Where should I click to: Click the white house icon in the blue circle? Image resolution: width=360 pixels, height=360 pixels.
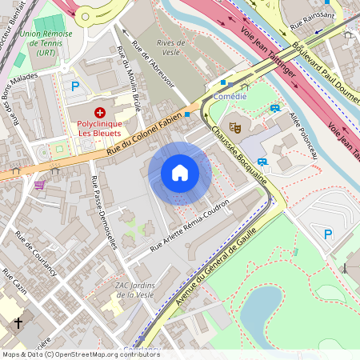[180, 173]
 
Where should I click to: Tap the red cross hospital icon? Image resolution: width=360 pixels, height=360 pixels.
[100, 113]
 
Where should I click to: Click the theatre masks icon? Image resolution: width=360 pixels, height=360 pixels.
[235, 126]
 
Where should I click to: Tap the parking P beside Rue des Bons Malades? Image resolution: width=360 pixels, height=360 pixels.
[75, 86]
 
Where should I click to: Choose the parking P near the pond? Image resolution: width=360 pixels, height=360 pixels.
[326, 234]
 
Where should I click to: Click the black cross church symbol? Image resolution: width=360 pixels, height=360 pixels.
[18, 324]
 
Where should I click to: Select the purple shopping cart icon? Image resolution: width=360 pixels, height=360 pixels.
[40, 184]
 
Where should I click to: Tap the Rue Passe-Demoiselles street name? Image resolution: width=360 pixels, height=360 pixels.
[105, 213]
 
